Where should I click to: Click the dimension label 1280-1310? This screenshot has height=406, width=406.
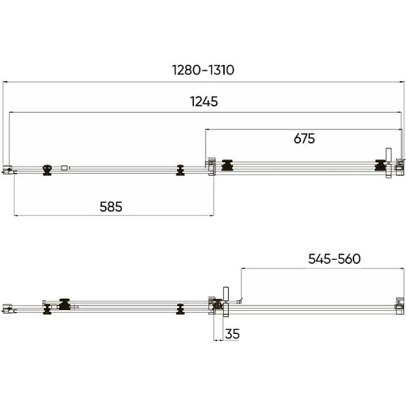point(203,70)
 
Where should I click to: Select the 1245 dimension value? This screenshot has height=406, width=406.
point(204,101)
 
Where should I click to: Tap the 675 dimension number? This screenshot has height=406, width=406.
point(304,139)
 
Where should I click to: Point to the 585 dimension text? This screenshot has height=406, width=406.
point(111,206)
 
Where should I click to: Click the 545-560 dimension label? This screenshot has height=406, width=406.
point(335,259)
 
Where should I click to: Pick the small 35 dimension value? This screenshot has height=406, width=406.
point(232,334)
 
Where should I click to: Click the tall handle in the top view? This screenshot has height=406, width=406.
point(388,163)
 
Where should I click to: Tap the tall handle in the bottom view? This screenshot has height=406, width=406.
point(226,302)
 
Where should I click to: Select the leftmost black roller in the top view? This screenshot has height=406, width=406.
point(47,170)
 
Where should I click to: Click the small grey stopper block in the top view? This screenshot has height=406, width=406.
point(64,168)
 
